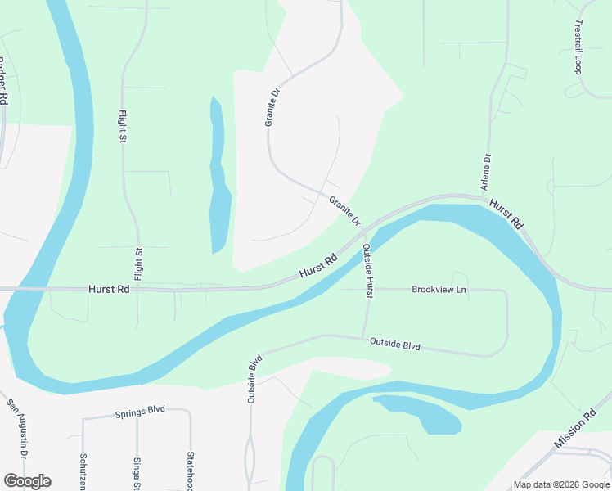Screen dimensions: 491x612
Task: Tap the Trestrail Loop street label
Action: coord(578,47)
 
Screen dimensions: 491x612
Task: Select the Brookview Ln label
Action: coord(439,290)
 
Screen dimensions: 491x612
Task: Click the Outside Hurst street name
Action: coord(368,269)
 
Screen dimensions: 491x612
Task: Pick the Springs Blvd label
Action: coord(140,411)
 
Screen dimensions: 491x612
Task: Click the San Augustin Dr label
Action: coord(17,429)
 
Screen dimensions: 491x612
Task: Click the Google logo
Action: coord(27,481)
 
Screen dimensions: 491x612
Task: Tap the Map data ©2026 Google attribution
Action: coord(560,484)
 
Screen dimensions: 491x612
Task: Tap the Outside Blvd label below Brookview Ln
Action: coord(394,345)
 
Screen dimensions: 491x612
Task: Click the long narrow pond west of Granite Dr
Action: coord(218,180)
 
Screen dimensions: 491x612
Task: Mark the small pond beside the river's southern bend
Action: coord(421,413)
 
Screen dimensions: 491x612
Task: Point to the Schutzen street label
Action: coord(83,471)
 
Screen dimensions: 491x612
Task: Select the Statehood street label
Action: coord(190,471)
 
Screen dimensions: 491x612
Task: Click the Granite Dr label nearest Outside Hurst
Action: coord(344,210)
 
